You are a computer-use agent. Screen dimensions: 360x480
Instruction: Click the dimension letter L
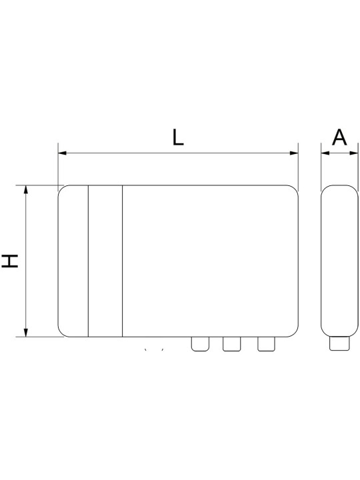(178, 137)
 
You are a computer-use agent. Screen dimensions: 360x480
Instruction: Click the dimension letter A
(339, 137)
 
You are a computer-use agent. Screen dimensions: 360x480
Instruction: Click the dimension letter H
(10, 261)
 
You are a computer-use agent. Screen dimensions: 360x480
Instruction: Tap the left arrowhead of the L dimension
(62, 153)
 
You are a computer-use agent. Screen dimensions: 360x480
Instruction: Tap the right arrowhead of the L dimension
(294, 153)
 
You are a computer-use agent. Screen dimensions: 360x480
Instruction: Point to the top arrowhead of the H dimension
(26, 189)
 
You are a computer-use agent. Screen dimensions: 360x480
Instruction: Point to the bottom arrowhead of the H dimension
(26, 333)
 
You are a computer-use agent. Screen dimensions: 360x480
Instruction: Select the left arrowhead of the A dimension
(325, 153)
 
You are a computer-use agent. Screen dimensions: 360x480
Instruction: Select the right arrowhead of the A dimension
(354, 153)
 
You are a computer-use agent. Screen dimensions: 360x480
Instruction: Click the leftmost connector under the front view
(200, 344)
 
